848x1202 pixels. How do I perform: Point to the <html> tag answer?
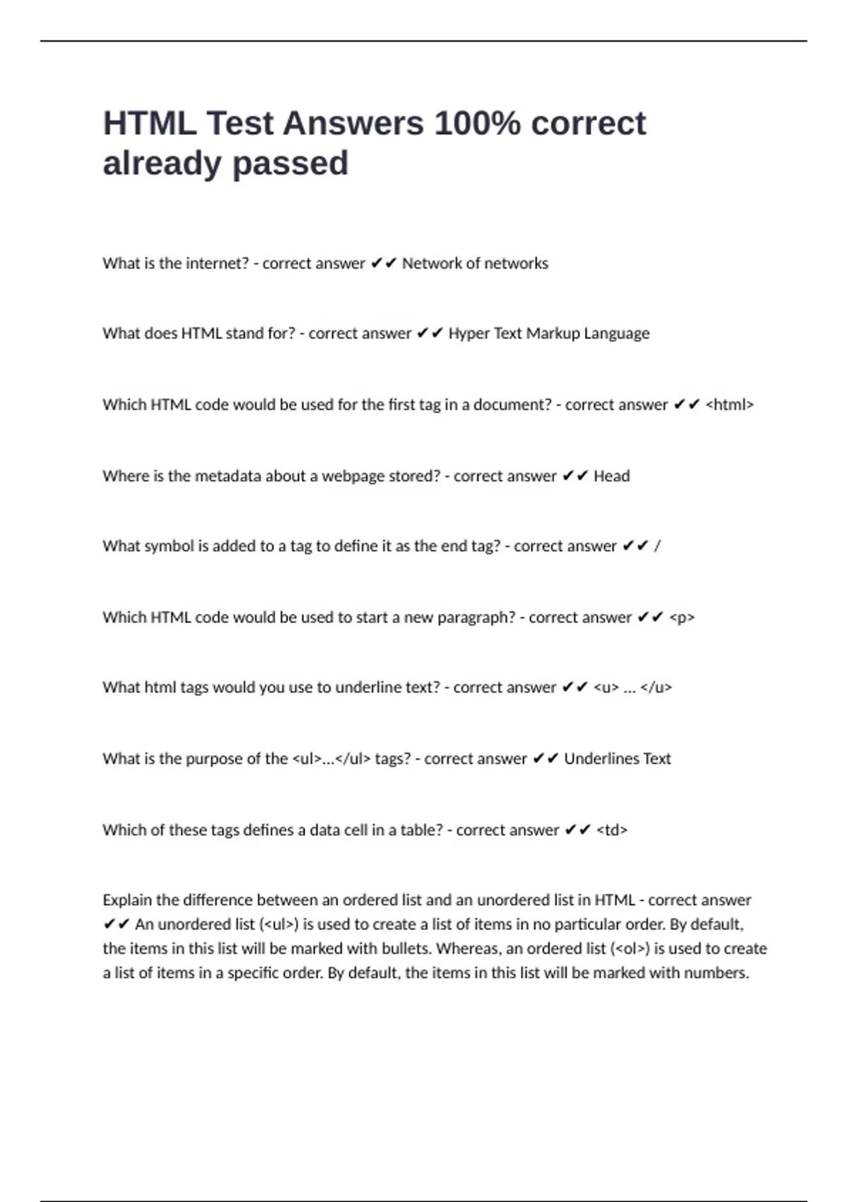(x=729, y=405)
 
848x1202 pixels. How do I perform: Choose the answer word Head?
(x=611, y=477)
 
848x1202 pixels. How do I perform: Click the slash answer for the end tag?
(x=657, y=547)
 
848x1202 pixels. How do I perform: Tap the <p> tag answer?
(x=681, y=618)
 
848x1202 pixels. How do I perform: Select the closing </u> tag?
(x=656, y=688)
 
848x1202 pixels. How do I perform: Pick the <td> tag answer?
(x=612, y=830)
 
